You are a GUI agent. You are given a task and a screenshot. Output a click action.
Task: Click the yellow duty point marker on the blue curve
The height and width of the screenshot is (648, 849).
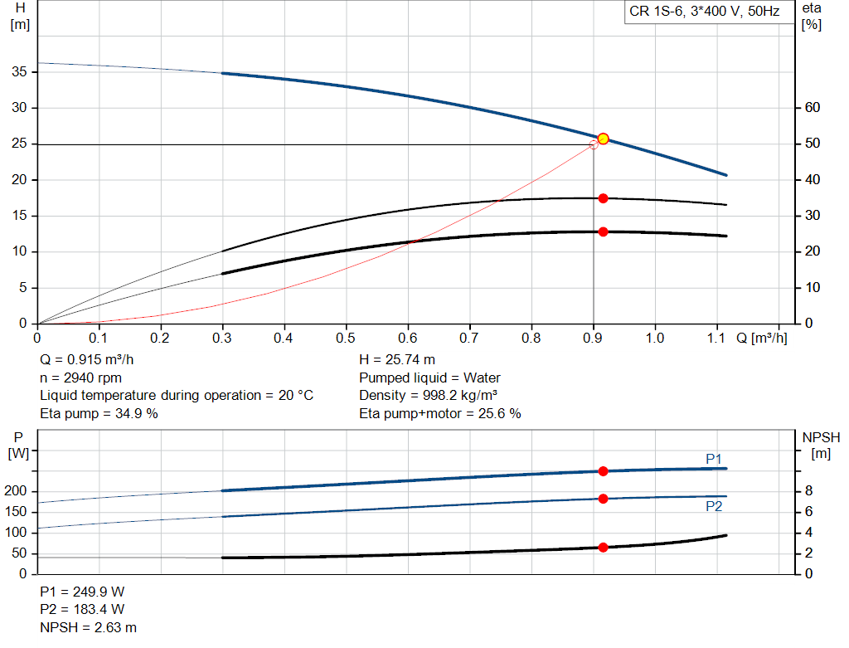click(603, 139)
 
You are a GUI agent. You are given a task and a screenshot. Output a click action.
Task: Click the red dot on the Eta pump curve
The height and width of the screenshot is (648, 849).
click(603, 198)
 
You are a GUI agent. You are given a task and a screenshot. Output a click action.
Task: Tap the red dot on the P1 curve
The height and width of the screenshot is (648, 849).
click(603, 471)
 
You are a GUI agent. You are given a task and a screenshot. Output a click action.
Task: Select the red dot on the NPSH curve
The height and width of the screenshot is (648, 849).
click(603, 548)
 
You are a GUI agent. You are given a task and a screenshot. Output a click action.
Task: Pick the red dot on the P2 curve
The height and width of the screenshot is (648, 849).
click(603, 499)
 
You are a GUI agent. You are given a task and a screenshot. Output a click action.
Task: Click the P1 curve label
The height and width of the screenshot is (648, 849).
click(714, 458)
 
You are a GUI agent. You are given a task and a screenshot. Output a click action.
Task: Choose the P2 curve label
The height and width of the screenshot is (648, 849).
click(714, 506)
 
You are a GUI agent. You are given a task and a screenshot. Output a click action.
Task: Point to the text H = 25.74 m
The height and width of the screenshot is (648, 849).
click(397, 360)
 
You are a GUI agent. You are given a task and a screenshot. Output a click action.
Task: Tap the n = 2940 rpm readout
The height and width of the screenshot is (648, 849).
click(81, 378)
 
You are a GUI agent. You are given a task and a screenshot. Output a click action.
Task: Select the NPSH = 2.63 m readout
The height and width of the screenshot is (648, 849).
click(89, 627)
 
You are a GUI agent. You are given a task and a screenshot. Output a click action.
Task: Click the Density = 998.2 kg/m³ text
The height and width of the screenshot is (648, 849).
click(428, 395)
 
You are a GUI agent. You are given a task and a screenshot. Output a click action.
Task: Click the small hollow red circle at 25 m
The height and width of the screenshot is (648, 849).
click(594, 144)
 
